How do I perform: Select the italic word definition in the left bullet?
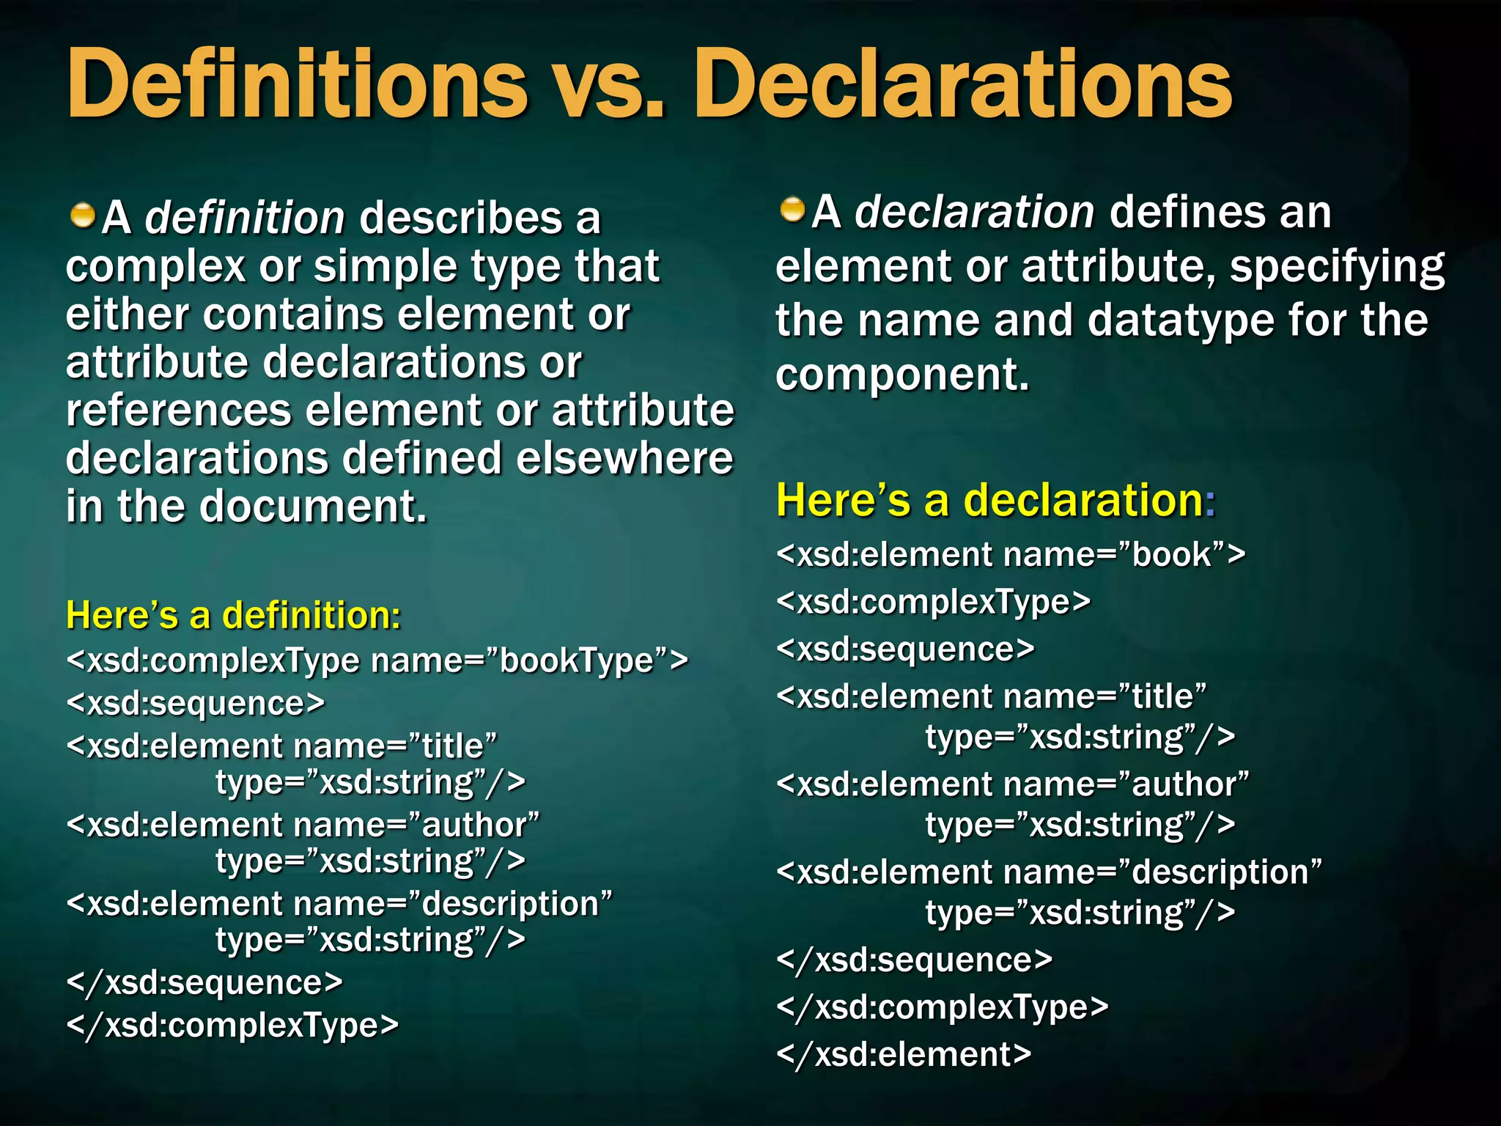245,218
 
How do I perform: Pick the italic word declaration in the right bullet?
974,213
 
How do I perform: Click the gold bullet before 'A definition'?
83,216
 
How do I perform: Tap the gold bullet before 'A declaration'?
792,210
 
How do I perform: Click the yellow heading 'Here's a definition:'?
233,614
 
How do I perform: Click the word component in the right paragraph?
902,375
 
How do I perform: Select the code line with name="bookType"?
377,660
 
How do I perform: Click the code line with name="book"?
1011,554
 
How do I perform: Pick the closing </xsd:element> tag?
904,1054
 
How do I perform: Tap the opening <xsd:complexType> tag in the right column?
933,602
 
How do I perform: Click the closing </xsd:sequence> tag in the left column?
204,982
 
